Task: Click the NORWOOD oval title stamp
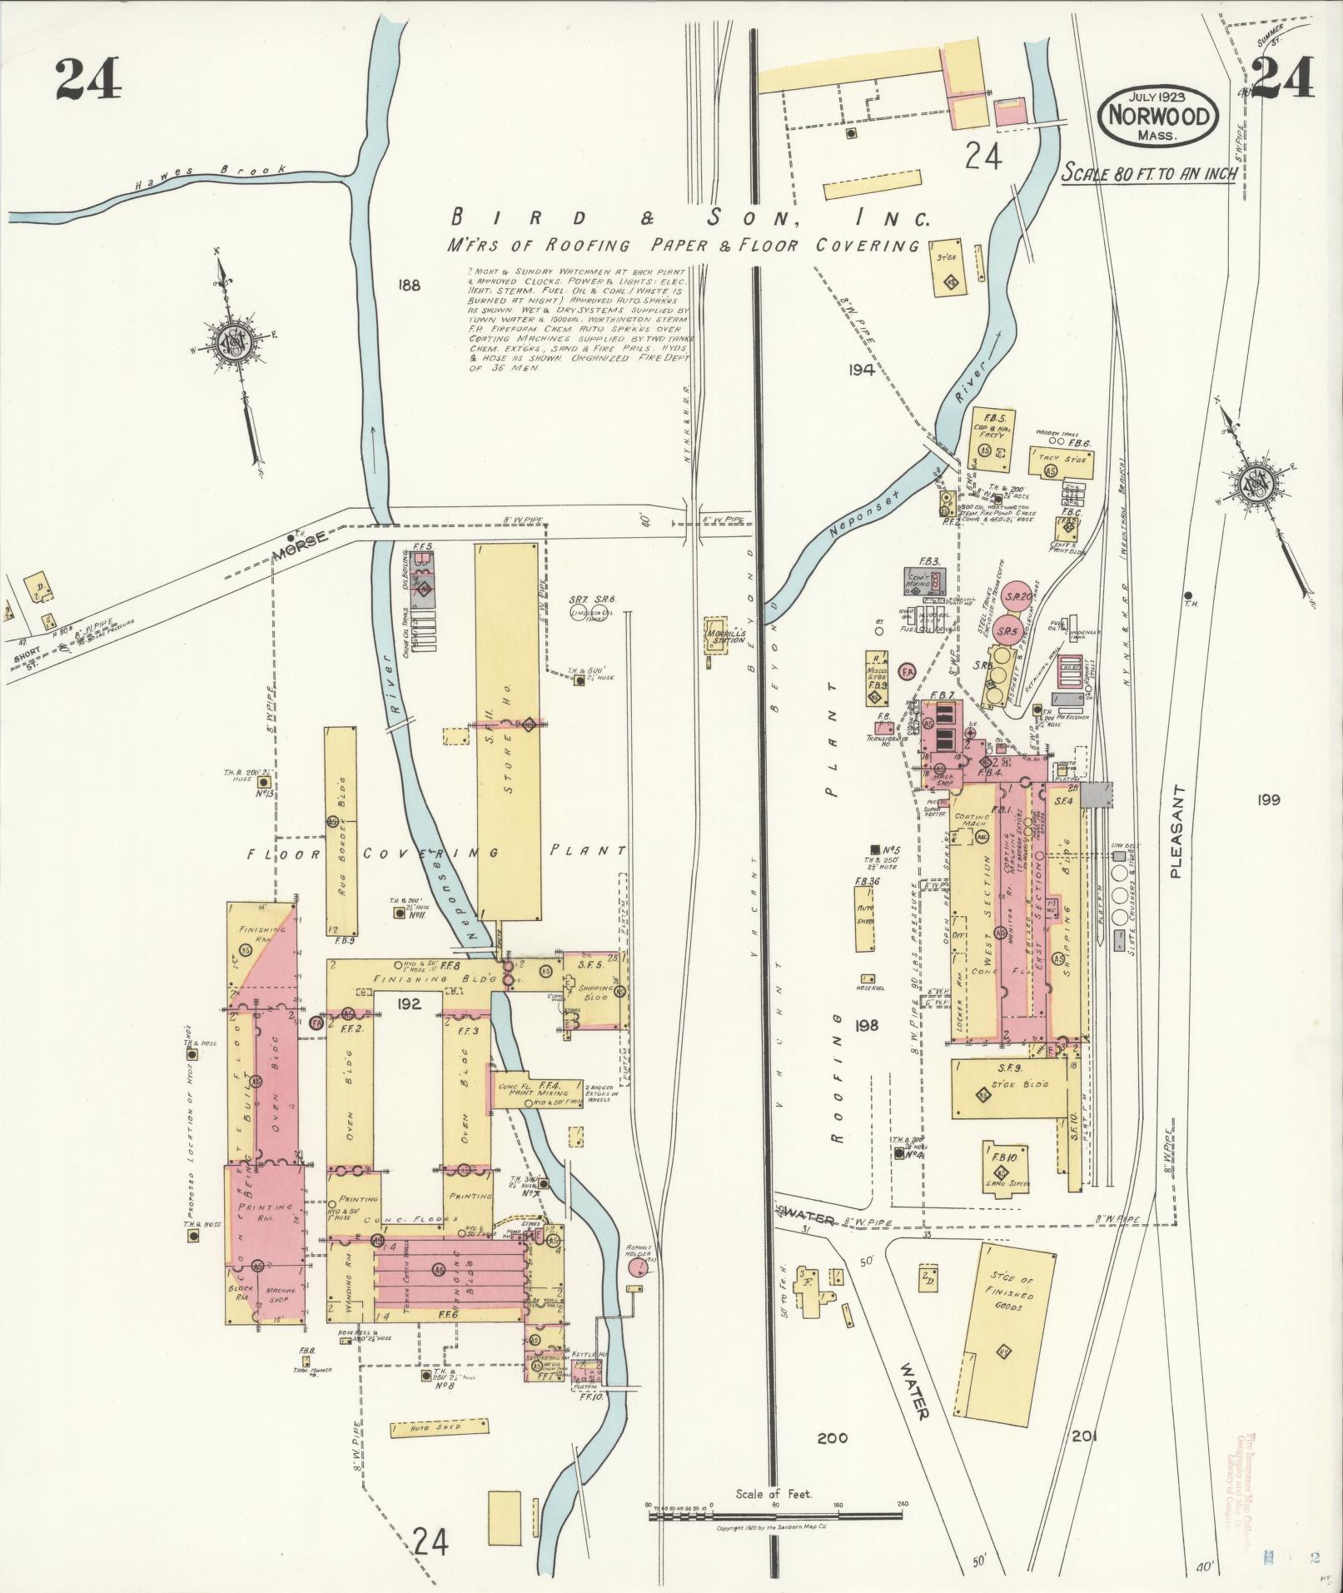tap(1158, 116)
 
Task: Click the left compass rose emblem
tap(231, 343)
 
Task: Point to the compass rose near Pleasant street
tap(1254, 484)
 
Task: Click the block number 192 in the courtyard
tap(410, 1003)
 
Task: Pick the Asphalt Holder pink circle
tap(638, 1291)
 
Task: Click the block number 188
tap(410, 286)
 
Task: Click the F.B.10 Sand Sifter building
tap(1000, 1168)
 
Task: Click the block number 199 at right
tap(1269, 800)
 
